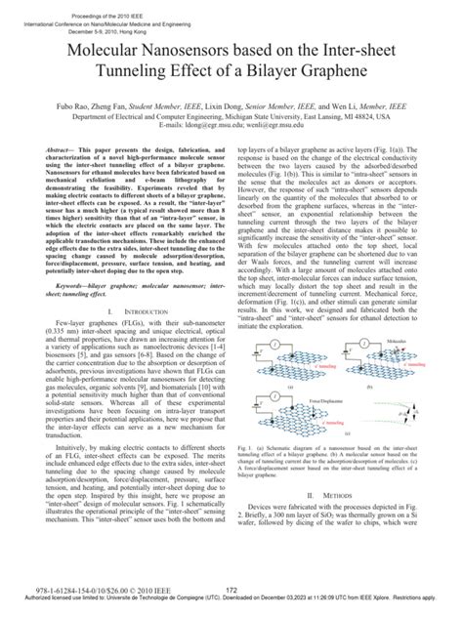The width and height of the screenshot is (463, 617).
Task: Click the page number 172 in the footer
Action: pos(231,589)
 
